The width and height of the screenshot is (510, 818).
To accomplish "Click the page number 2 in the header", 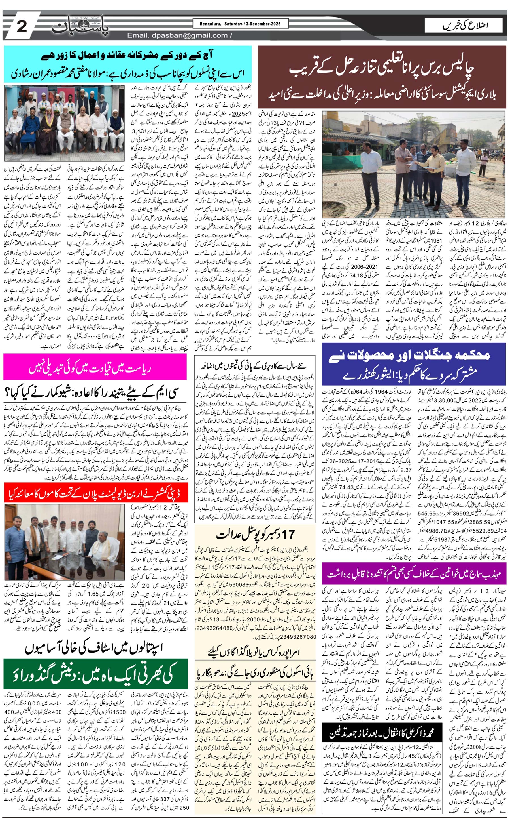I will coord(22,26).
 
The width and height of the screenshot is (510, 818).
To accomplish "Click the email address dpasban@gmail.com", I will coord(177,35).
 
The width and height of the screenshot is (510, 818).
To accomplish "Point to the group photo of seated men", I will coord(64,123).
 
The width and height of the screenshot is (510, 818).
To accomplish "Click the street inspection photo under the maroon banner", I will coord(414,165).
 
